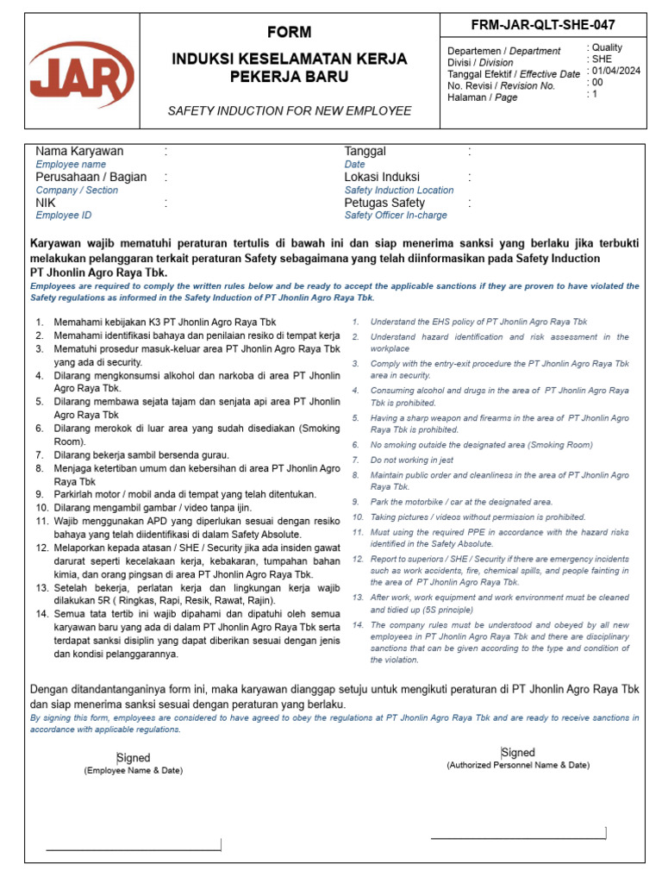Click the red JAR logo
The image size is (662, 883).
coord(82,76)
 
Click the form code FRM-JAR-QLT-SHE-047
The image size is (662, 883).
coord(544,24)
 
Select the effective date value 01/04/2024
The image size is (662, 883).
coord(616,72)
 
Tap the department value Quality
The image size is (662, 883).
coord(606,48)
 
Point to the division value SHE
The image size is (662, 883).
coord(603,59)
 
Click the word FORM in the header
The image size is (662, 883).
coord(290,32)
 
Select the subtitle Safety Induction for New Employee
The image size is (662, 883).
coord(290,111)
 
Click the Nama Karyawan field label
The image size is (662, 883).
coord(79,152)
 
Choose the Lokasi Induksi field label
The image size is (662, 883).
coord(382,178)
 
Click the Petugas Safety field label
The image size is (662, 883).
coord(384,204)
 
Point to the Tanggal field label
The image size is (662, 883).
coord(365,152)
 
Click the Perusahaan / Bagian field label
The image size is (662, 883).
coord(91,178)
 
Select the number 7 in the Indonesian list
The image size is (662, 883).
coord(39,454)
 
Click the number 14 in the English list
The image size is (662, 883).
coord(358,624)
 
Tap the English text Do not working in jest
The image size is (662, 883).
coord(412,460)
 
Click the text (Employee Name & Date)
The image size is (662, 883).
coord(133,770)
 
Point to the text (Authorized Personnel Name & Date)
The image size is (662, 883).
coord(518,765)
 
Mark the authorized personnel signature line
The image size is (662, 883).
coord(518,836)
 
